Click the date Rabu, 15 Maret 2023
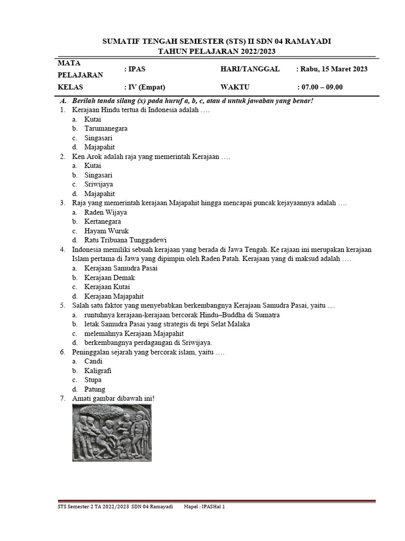tap(333, 69)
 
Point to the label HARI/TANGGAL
tap(250, 69)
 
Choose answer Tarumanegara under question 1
tap(105, 128)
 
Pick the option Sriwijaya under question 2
tap(99, 184)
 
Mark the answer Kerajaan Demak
tap(110, 277)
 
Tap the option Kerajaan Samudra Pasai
tap(121, 268)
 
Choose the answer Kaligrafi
tap(98, 370)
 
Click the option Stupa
tap(93, 380)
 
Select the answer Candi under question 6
tap(93, 361)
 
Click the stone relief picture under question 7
tap(112, 431)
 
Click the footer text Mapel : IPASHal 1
tap(206, 506)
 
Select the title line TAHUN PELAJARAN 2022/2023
tap(217, 51)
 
